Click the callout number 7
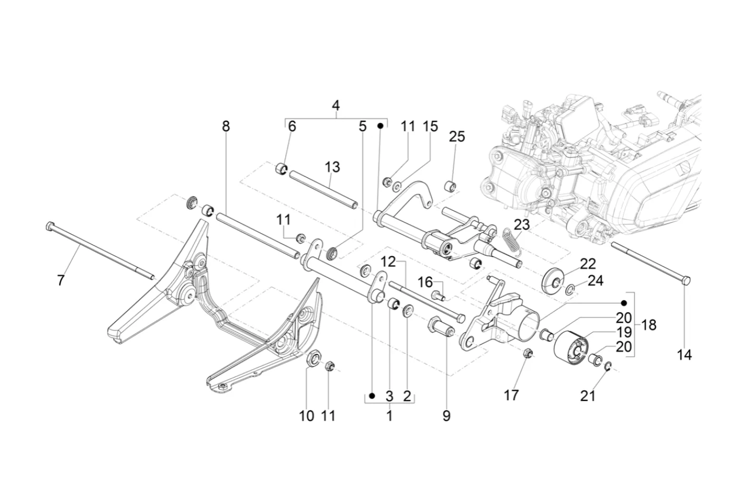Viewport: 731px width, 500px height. tap(61, 280)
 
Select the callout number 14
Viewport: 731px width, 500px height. tap(684, 354)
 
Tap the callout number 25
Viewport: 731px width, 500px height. tap(457, 137)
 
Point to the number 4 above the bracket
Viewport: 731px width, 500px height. tap(336, 105)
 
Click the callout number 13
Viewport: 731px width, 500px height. tap(332, 167)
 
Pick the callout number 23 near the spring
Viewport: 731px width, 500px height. tap(522, 225)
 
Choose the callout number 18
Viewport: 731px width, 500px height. tap(648, 325)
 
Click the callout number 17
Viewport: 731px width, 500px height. tap(511, 395)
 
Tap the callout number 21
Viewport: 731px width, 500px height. tap(588, 396)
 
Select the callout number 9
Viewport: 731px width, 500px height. tap(446, 416)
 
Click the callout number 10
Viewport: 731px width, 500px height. tap(306, 416)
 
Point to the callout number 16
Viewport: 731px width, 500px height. tap(425, 282)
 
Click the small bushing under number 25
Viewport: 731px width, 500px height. tap(450, 187)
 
